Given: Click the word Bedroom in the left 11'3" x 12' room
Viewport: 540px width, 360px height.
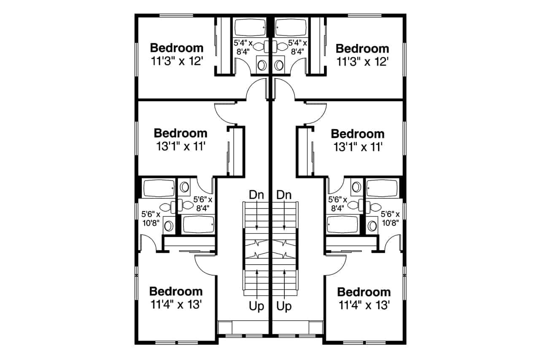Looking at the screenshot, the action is pos(177,48).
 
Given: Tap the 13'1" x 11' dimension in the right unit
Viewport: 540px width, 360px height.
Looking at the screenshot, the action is pos(358,147).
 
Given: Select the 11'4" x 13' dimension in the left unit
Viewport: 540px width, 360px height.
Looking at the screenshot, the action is pos(176,305).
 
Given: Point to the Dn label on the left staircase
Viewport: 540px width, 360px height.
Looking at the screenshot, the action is pos(256,195).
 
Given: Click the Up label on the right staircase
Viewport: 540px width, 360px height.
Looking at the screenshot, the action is pos(284,306).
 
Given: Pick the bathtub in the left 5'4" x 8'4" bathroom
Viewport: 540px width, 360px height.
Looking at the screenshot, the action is pos(250,28).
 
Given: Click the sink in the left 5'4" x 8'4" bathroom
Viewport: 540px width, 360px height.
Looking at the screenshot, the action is pos(262,65).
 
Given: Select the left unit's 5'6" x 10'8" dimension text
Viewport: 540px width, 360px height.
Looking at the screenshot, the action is pos(151,219).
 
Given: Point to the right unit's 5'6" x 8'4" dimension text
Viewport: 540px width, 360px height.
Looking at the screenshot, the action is pos(337,204).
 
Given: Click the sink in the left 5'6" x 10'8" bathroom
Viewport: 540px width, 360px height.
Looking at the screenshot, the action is pos(168,226).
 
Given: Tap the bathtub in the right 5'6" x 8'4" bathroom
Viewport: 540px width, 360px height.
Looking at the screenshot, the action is pos(343,225).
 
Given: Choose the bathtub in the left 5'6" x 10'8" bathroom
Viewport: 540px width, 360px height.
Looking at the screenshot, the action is pos(159,188).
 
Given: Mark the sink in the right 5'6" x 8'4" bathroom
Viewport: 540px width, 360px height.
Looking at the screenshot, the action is pos(356,187).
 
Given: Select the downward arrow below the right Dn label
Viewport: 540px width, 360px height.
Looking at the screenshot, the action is pos(284,215).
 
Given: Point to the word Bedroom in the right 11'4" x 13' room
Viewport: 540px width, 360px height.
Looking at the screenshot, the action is pos(364,292).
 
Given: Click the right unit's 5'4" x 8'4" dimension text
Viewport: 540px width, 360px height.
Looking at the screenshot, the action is pos(297,47).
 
